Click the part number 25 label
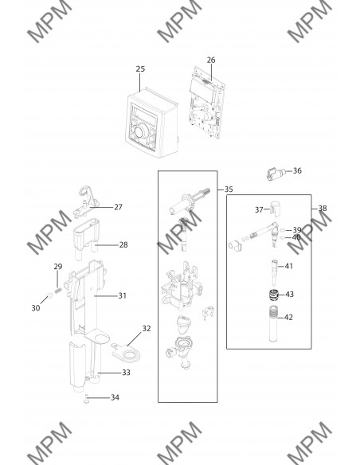[140, 68]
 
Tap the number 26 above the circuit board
[211, 60]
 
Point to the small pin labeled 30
[49, 295]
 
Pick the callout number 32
[147, 328]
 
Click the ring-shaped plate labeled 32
[127, 353]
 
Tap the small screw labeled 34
[86, 400]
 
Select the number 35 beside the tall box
[229, 190]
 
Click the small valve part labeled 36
[276, 174]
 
